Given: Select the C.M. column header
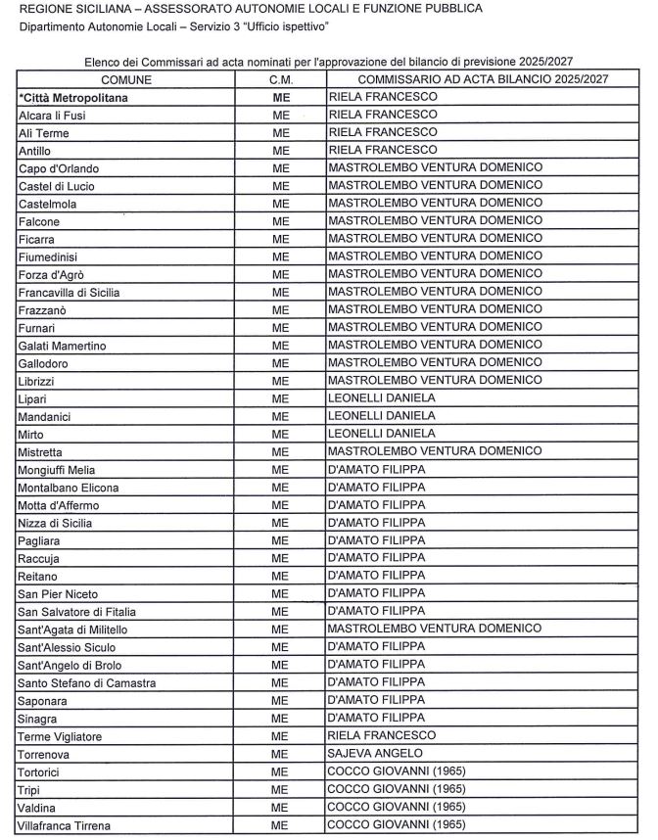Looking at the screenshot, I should tap(281, 78).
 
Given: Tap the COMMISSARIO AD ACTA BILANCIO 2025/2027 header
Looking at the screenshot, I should tap(484, 78).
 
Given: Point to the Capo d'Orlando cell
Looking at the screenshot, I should tap(59, 168).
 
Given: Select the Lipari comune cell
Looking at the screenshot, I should tap(33, 398).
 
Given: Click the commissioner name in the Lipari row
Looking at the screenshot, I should tap(383, 398).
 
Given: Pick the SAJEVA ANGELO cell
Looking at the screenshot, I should tap(375, 754).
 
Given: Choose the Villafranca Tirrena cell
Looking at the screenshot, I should tap(65, 825).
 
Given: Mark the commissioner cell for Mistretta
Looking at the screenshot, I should tap(436, 452).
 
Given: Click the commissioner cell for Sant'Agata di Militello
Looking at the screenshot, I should tap(436, 630).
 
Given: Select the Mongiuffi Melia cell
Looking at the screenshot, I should tap(57, 470).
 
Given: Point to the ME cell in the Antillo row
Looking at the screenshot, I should tap(281, 150).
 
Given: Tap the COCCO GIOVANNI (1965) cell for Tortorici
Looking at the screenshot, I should tap(397, 771).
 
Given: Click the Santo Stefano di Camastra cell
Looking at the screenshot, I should tap(87, 682).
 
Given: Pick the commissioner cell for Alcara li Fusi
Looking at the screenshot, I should tap(383, 115).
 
